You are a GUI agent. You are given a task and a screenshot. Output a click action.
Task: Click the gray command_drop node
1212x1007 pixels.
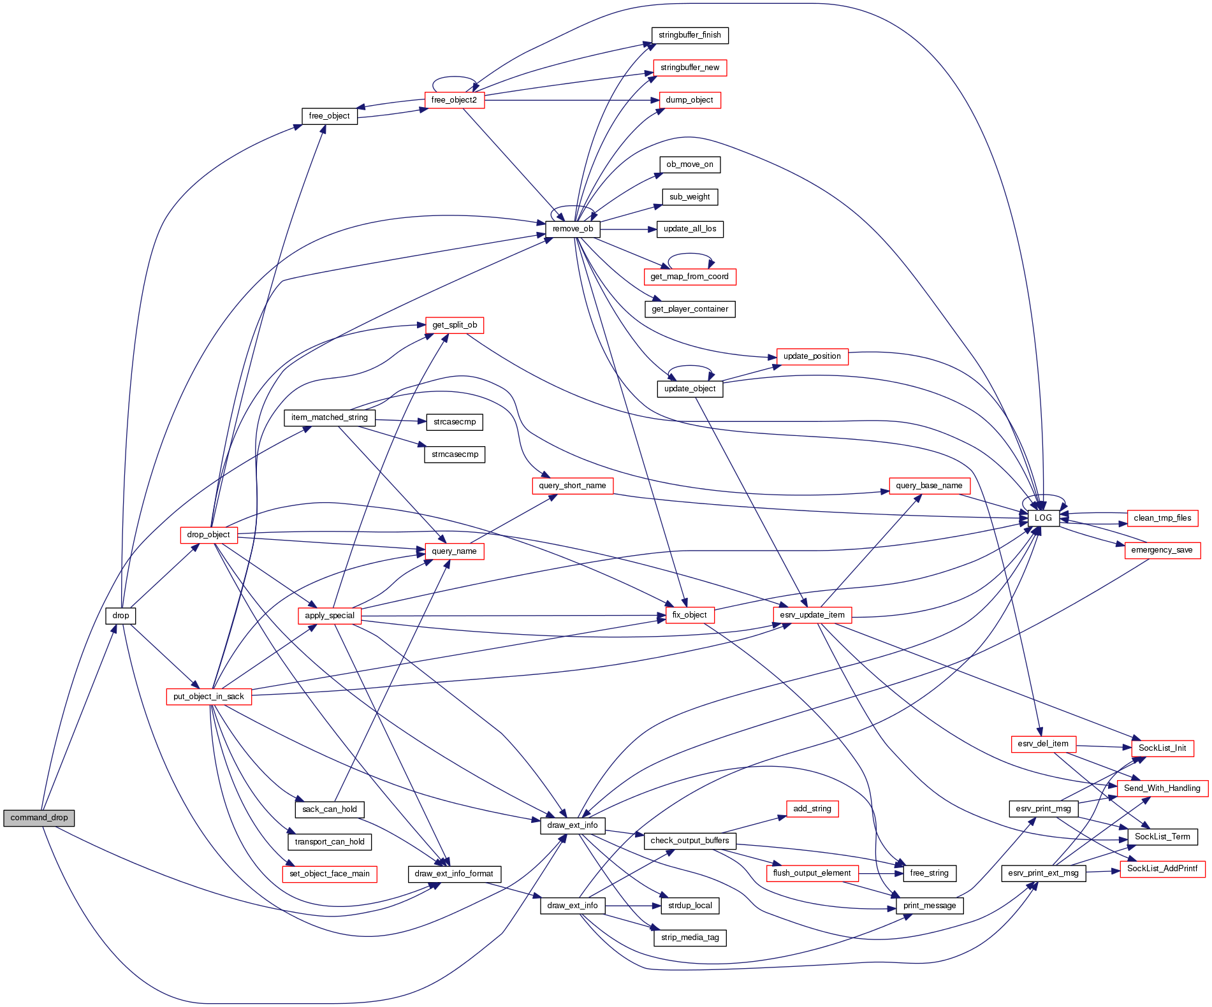[x=39, y=818]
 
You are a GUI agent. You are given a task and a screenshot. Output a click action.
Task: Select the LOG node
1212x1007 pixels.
[x=1043, y=518]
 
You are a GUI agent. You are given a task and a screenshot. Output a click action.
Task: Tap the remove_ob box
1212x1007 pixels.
[x=573, y=229]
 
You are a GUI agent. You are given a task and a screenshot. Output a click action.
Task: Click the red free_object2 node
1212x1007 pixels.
[x=454, y=100]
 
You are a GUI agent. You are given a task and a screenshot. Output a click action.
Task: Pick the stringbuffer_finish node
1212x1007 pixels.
[x=689, y=35]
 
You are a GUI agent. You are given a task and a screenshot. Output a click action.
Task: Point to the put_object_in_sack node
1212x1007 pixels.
[x=208, y=697]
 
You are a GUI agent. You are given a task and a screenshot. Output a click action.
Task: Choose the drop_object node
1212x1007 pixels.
[x=208, y=535]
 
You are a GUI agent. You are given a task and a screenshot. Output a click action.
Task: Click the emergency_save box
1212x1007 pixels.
[x=1162, y=550]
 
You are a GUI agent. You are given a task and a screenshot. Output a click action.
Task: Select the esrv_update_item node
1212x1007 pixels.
[x=812, y=615]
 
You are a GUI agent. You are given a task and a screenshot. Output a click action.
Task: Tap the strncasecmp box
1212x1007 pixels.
[x=455, y=454]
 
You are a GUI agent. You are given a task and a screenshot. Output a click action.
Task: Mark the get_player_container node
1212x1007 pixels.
[x=690, y=309]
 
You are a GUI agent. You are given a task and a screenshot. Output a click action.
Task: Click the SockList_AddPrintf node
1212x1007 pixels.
[x=1162, y=869]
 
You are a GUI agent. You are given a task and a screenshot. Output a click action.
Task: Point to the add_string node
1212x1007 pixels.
[x=812, y=809]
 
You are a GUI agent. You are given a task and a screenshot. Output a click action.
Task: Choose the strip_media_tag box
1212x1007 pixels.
[x=690, y=938]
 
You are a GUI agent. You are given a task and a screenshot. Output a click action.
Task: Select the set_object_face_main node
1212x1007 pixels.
[x=330, y=874]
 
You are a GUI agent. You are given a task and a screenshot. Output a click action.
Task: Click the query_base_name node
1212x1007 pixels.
[x=929, y=486]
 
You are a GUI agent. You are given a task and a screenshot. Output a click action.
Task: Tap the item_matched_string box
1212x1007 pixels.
[x=330, y=417]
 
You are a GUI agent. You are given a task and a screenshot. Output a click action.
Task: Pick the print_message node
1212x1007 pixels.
[x=930, y=906]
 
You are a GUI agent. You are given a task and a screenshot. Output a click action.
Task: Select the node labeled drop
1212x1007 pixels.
[x=120, y=616]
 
